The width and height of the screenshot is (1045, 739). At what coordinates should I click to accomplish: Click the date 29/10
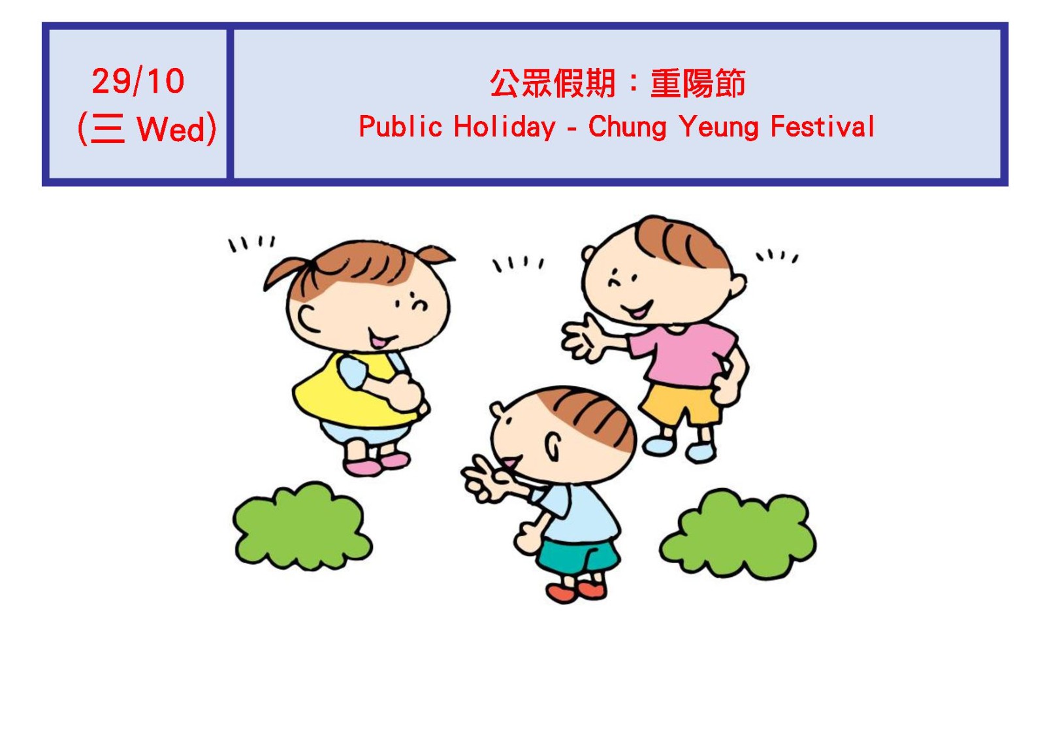138,81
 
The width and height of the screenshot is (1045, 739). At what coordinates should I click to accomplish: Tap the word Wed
170,129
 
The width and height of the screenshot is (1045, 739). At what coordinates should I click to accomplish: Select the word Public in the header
400,126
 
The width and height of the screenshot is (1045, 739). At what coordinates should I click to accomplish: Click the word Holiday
505,127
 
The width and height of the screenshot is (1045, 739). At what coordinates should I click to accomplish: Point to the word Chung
628,127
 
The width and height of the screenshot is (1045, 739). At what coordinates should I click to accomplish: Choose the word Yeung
718,127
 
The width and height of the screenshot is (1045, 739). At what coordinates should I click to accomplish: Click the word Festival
822,126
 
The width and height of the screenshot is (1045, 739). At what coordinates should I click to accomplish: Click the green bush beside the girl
302,526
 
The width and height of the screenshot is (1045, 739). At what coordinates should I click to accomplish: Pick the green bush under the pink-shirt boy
738,534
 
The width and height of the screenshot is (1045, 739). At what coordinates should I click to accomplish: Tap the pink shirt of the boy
681,355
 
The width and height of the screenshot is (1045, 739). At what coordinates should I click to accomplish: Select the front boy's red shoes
577,592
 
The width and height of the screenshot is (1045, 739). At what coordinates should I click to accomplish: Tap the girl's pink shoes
376,464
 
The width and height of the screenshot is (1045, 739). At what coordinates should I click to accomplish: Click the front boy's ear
553,446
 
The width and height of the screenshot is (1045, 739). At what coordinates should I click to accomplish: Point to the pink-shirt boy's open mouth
637,310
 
